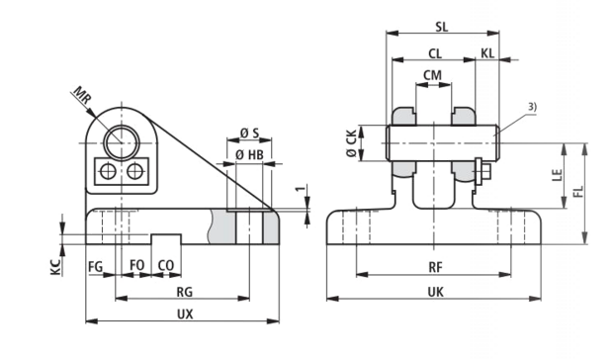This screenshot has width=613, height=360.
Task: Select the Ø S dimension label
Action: pyautogui.click(x=249, y=133)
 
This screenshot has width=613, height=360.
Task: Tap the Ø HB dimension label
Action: pyautogui.click(x=249, y=155)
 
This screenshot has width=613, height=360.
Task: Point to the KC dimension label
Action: pyautogui.click(x=56, y=267)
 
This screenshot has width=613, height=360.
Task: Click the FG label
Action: pyautogui.click(x=95, y=266)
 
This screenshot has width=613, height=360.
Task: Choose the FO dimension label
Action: pyautogui.click(x=136, y=265)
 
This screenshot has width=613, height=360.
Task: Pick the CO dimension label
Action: pyautogui.click(x=166, y=265)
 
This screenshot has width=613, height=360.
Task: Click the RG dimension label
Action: pyautogui.click(x=185, y=292)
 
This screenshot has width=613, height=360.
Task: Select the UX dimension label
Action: pyautogui.click(x=185, y=314)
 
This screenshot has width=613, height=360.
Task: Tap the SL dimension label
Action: pyautogui.click(x=442, y=27)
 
